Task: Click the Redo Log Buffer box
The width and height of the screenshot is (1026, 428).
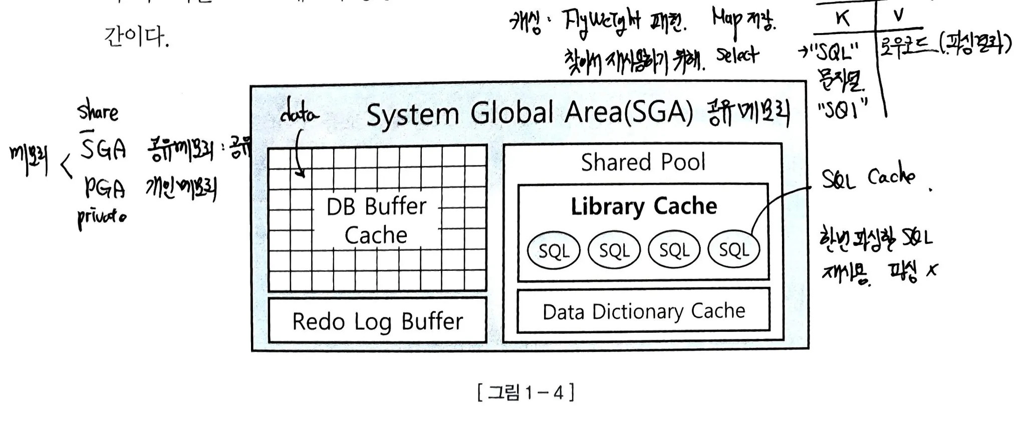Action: (377, 321)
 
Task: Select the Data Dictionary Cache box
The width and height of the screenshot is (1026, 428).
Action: (643, 311)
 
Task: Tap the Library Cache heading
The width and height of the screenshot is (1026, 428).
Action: (644, 206)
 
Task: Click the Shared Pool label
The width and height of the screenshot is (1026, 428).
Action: (643, 162)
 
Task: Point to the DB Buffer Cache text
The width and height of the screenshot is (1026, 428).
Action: (376, 220)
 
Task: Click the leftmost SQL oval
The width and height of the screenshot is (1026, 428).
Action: (554, 249)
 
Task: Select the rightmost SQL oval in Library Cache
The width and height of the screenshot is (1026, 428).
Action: (734, 249)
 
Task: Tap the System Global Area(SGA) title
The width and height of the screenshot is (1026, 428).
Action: (529, 113)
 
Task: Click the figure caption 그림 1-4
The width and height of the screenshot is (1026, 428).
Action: (526, 392)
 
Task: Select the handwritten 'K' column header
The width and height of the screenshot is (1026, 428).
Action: (843, 19)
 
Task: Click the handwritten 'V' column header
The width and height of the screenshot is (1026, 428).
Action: (898, 16)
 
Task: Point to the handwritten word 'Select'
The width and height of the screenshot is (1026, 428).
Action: (737, 55)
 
